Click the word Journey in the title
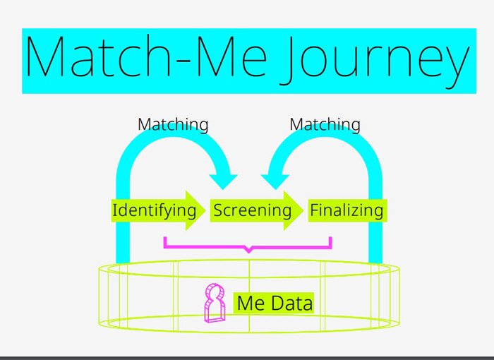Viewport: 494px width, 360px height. point(375,60)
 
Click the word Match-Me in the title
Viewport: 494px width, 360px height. point(146,56)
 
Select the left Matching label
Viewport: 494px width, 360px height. point(173,124)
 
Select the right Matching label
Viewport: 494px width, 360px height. point(325,124)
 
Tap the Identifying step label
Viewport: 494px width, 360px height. point(155,210)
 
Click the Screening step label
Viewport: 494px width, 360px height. point(253,210)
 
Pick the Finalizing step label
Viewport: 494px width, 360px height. point(347,210)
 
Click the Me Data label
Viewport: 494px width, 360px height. point(275,303)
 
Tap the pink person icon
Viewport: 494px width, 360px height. point(215,303)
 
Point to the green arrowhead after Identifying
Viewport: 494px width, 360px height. point(195,210)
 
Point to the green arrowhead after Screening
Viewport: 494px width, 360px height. point(294,210)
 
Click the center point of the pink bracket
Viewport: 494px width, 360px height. point(249,251)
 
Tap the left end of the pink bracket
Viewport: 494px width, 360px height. point(164,238)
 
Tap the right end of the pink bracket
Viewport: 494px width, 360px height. point(330,238)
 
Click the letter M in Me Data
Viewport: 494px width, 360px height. point(245,303)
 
